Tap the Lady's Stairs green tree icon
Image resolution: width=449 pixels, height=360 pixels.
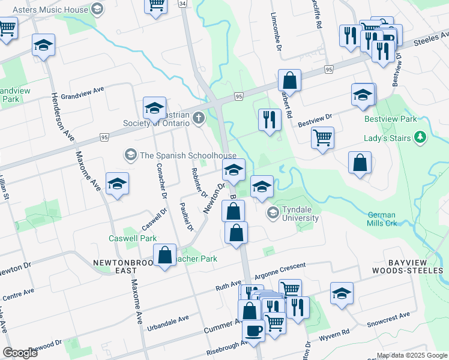point(420,138)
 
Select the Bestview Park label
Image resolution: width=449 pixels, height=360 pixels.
point(390,119)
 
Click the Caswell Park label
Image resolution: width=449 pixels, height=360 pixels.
point(132,238)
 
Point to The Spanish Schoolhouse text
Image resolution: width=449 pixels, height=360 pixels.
point(188,155)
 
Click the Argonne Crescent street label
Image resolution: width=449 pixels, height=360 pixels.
point(280,269)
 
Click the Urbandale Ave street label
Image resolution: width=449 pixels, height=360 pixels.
point(168,319)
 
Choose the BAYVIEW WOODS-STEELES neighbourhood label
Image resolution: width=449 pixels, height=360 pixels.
point(415,267)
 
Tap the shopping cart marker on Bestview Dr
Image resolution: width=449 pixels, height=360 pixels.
point(322,137)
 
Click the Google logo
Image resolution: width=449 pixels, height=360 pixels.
point(20,353)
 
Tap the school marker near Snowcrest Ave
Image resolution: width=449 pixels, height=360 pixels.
point(342,293)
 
